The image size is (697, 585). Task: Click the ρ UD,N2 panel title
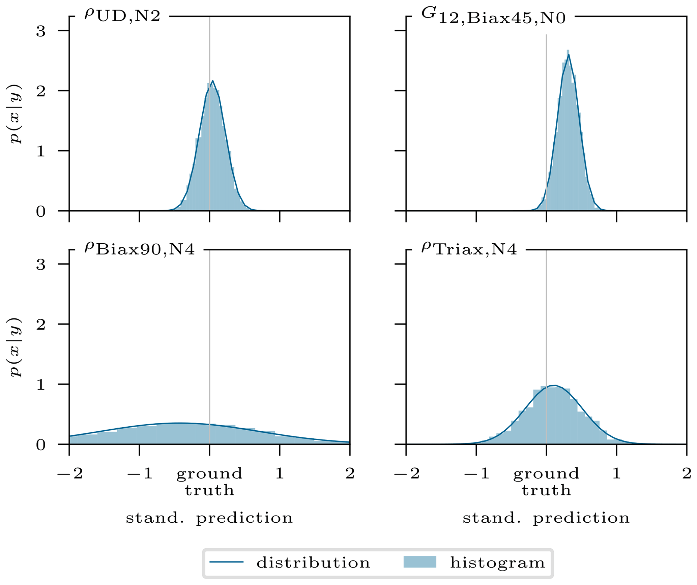pyautogui.click(x=122, y=16)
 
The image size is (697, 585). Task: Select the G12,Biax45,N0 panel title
pyautogui.click(x=493, y=16)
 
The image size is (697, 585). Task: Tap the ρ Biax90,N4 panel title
pyautogui.click(x=140, y=249)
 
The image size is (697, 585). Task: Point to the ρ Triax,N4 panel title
pyautogui.click(x=469, y=249)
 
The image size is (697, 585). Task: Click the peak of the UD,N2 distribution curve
pyautogui.click(x=212, y=81)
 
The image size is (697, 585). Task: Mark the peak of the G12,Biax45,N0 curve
pyautogui.click(x=569, y=55)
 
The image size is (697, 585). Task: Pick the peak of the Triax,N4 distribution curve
pyautogui.click(x=555, y=386)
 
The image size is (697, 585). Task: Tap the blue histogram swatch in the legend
pyautogui.click(x=420, y=562)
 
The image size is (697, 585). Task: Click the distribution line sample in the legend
pyautogui.click(x=226, y=562)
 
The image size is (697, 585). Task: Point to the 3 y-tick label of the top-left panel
pyautogui.click(x=41, y=31)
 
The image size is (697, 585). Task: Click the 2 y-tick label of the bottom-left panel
pyautogui.click(x=41, y=324)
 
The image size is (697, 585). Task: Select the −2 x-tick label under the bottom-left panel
pyautogui.click(x=70, y=474)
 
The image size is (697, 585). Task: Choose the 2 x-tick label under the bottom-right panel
pyautogui.click(x=687, y=474)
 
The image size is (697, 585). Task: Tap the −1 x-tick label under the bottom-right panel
pyautogui.click(x=476, y=474)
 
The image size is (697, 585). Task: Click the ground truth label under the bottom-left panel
pyautogui.click(x=209, y=482)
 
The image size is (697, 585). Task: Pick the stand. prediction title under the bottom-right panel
pyautogui.click(x=546, y=518)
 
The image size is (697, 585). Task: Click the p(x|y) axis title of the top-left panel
pyautogui.click(x=16, y=114)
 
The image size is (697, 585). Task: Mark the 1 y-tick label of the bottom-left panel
pyautogui.click(x=41, y=384)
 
